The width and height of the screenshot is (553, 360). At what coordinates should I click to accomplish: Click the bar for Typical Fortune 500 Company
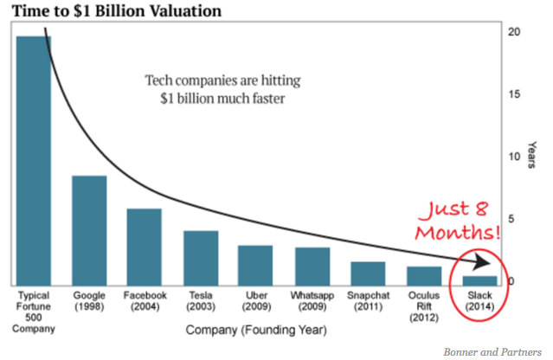point(34,160)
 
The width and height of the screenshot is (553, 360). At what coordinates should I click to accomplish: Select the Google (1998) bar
point(89,230)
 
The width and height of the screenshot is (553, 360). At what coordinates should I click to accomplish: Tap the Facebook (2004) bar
point(145,247)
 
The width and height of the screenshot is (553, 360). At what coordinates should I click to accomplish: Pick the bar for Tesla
point(201,258)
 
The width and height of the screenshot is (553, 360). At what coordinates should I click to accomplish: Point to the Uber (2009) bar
point(256,265)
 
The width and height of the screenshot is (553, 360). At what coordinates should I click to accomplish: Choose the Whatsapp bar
point(312,266)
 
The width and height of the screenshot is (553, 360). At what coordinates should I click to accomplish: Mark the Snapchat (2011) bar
point(368,273)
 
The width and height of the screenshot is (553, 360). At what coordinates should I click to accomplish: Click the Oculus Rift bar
point(424,276)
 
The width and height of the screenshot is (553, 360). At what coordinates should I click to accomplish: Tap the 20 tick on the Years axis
point(515,32)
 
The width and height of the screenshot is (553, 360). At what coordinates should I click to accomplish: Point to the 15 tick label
point(515,94)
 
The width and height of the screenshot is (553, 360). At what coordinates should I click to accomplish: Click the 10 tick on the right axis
point(515,157)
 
